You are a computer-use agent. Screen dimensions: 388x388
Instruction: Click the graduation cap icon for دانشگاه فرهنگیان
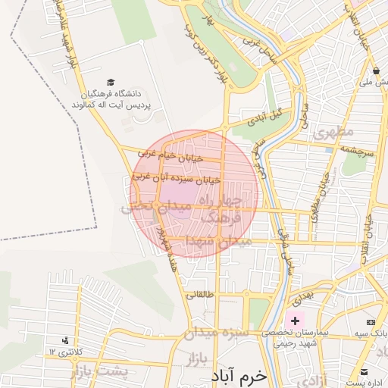click(111, 82)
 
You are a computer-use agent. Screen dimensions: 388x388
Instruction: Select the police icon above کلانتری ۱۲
click(64, 341)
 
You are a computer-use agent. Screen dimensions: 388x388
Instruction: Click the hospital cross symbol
click(295, 321)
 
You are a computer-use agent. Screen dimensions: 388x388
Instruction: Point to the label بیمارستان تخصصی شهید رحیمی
click(296, 337)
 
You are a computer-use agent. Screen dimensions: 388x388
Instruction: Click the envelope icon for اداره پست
click(365, 372)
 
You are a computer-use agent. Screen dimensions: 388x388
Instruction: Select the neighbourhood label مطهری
click(334, 132)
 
